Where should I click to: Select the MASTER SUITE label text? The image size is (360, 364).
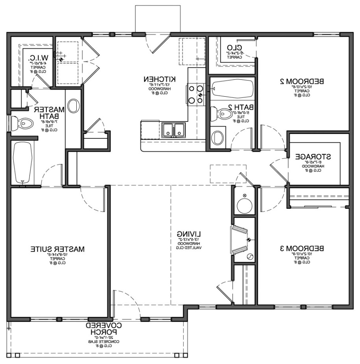point(57,249)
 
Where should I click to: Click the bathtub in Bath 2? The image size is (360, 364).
point(232,90)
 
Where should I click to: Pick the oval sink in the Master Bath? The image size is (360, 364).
point(73,106)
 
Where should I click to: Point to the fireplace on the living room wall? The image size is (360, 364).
point(240,240)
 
